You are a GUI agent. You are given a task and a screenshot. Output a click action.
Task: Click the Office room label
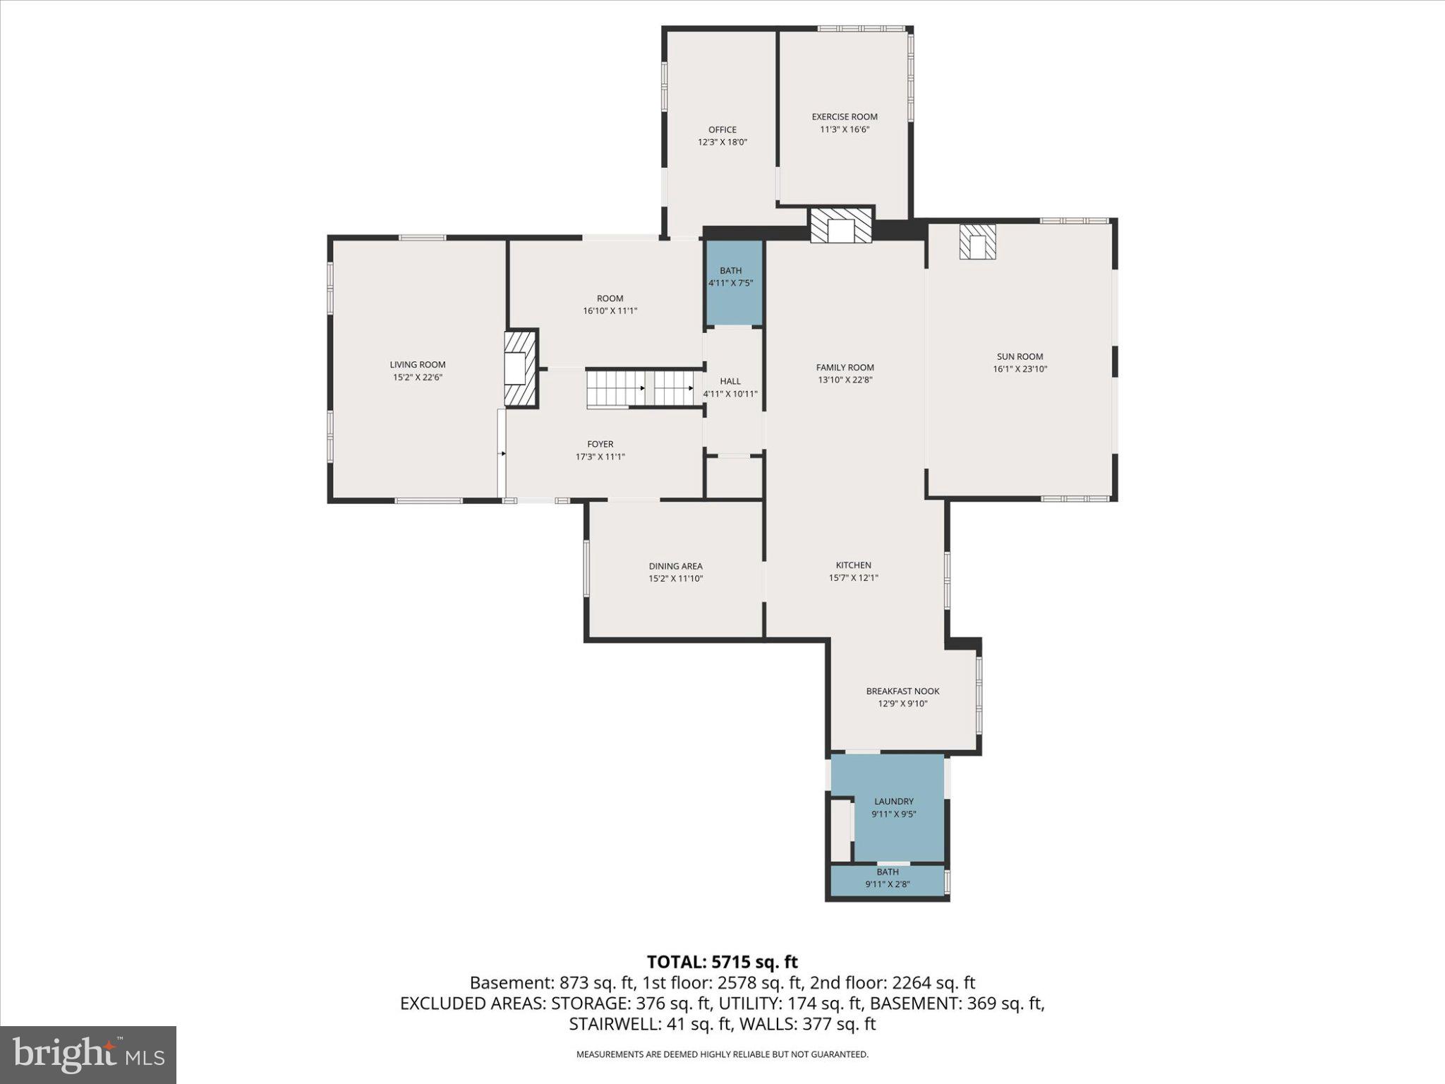point(722,130)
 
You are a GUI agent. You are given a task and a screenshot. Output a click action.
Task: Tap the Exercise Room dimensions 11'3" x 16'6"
point(845,130)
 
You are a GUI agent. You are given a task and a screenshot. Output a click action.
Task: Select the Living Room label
point(418,365)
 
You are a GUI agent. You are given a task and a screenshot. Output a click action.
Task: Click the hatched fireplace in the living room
point(520,368)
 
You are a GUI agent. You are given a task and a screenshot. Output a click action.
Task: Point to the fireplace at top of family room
point(841,226)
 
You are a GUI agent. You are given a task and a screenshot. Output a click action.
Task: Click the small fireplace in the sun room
point(977,242)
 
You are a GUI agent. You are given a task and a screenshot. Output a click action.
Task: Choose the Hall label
point(730,381)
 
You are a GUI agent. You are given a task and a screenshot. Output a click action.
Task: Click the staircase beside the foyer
point(639,388)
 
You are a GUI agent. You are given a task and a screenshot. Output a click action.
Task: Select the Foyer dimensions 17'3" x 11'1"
point(600,457)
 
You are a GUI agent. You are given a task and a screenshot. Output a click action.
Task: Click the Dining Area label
point(675,566)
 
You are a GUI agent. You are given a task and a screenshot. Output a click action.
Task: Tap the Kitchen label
point(853,565)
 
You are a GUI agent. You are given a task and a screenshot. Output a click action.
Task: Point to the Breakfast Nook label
point(902,691)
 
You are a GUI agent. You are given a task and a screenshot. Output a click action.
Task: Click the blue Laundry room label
point(893,802)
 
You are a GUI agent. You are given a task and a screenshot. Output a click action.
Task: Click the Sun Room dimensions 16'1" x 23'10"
point(1020,369)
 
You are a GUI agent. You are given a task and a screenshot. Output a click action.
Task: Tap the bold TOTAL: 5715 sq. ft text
point(722,962)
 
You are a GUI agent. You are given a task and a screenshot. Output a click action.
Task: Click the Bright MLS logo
point(88,1054)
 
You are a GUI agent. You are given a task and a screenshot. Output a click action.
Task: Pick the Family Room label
point(845,368)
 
